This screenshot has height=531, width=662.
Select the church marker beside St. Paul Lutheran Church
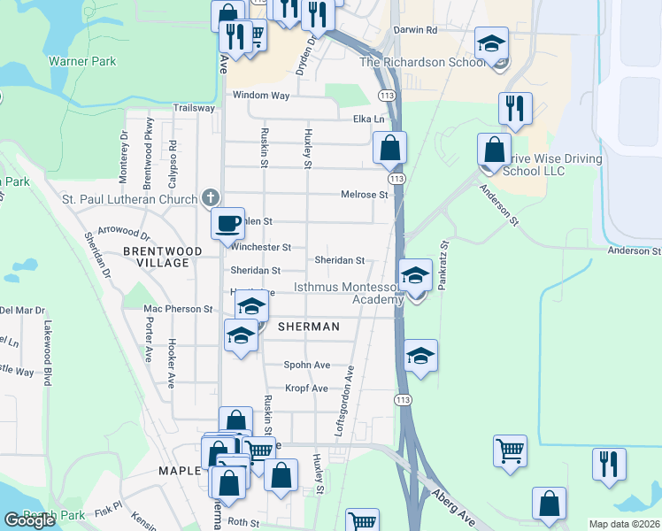pos(210,197)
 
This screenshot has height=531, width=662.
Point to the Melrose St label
pos(365,195)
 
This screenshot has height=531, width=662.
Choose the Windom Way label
pos(260,95)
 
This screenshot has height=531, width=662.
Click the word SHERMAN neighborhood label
pos(309,327)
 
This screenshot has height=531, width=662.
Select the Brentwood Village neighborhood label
pos(163,257)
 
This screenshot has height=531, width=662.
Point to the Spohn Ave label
pos(307,365)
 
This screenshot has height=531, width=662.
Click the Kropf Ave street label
pos(306,389)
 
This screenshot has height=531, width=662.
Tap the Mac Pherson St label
pos(178,309)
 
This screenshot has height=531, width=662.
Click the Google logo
pos(29,520)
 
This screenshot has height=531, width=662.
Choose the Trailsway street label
pos(194,108)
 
